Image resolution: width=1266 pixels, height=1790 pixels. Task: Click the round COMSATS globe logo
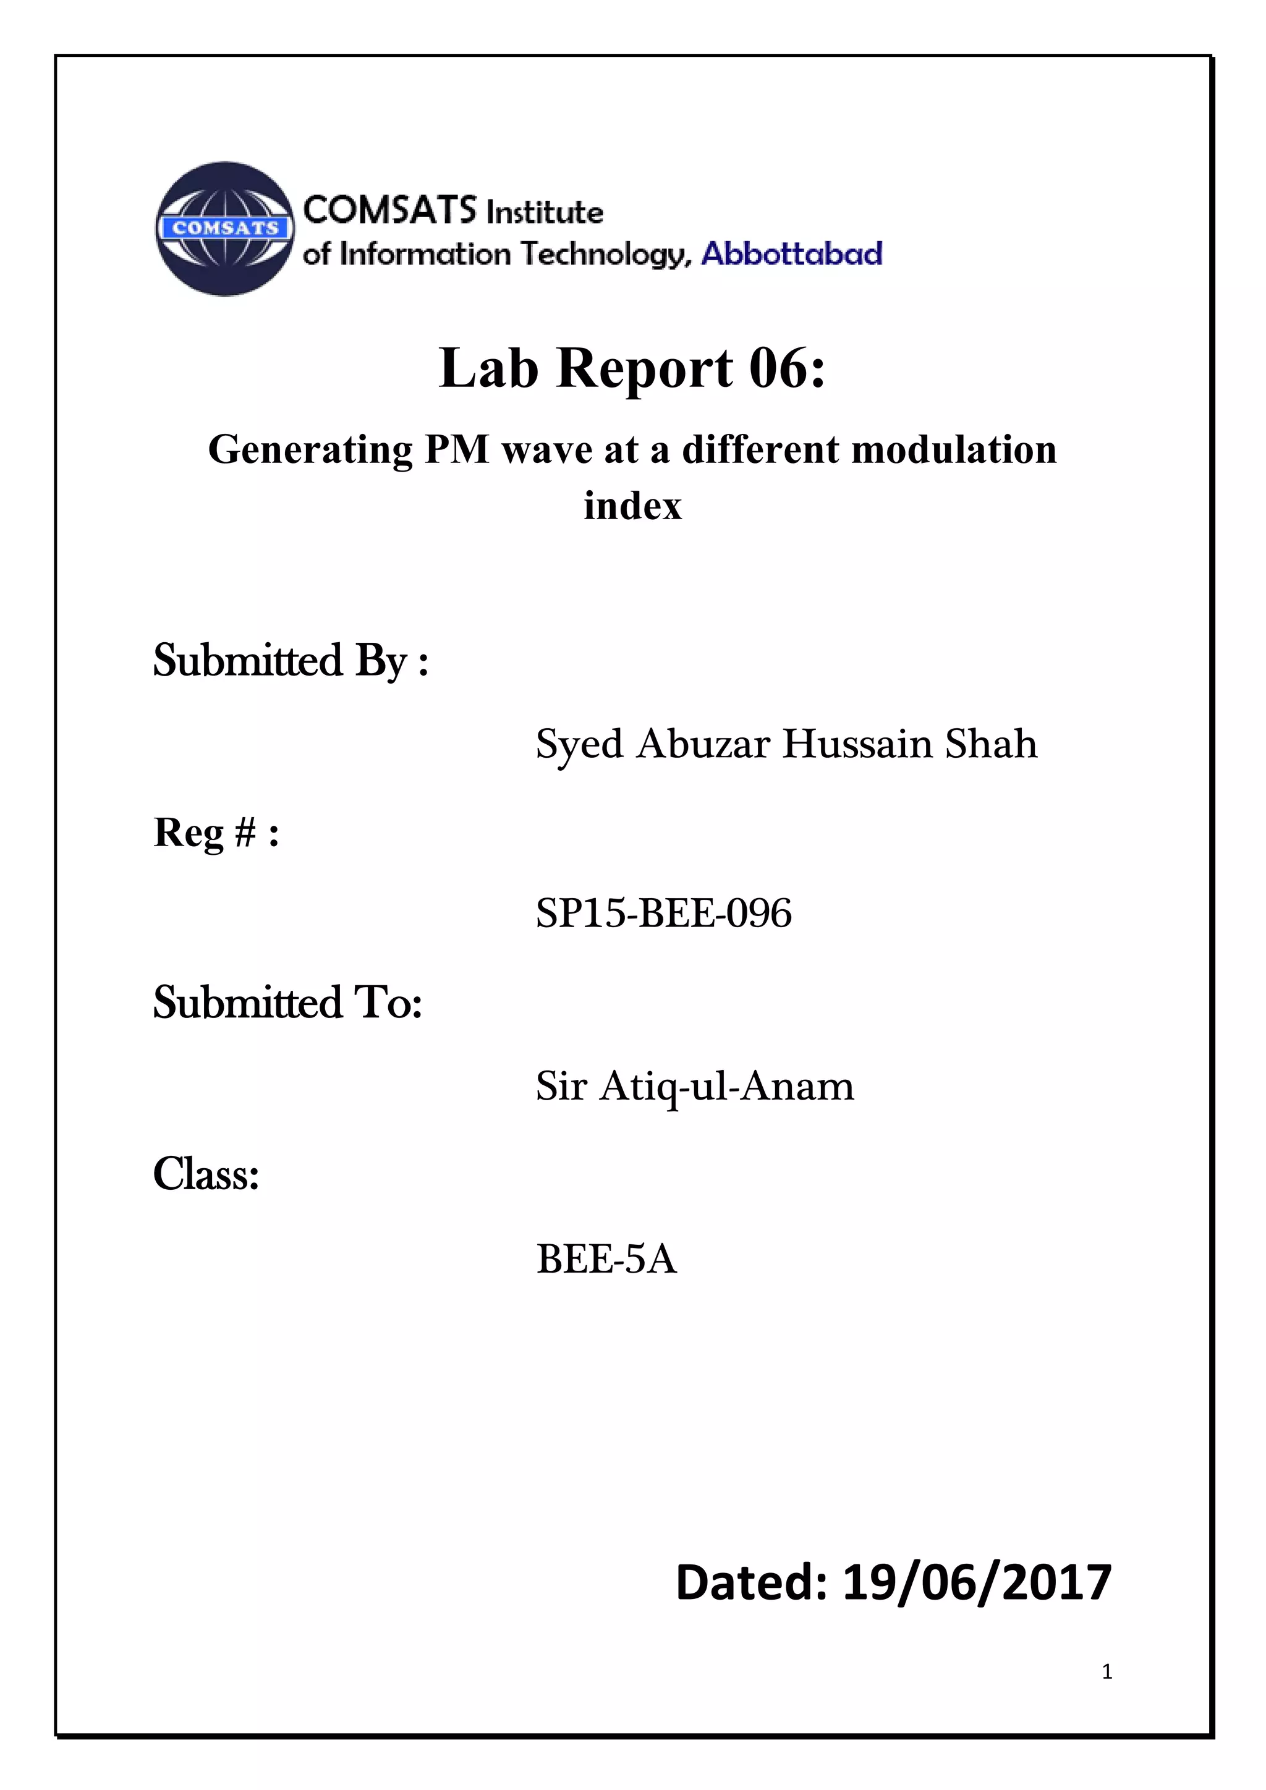point(224,229)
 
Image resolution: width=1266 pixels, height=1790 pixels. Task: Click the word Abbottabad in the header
point(792,254)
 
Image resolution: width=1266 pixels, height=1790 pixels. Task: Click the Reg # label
point(216,832)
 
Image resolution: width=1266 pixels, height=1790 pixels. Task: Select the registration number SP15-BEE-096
point(663,913)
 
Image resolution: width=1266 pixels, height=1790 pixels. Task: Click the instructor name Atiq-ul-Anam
point(726,1086)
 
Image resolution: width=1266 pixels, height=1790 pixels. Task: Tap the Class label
point(206,1173)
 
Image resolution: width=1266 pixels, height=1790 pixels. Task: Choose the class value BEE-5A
point(606,1258)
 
